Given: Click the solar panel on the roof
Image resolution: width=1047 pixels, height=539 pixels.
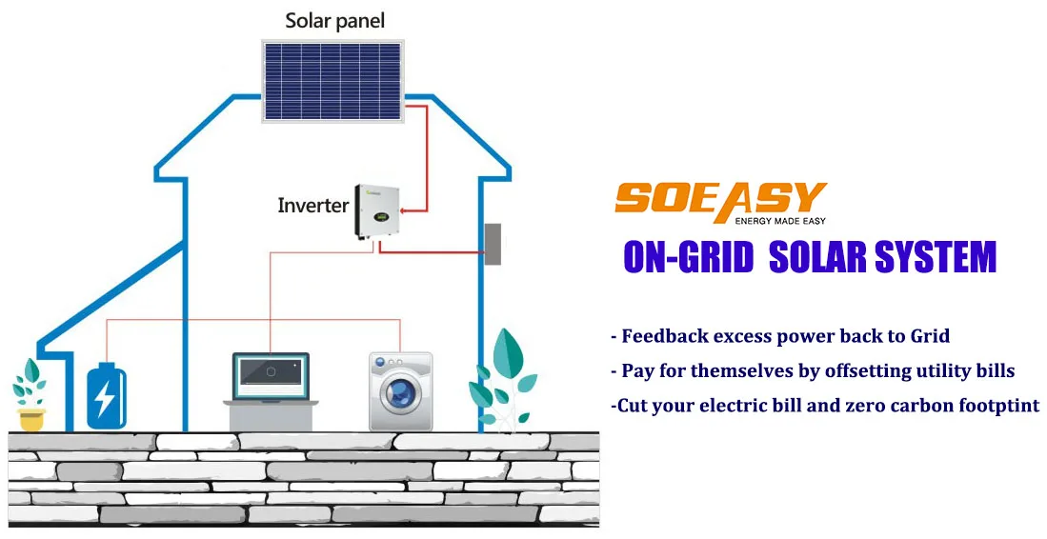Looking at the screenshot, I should tap(332, 80).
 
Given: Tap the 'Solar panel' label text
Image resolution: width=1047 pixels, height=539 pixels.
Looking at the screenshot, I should tap(335, 21).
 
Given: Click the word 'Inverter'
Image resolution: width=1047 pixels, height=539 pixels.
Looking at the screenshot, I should tap(313, 205).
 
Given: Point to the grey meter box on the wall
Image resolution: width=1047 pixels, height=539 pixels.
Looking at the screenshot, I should tap(493, 244).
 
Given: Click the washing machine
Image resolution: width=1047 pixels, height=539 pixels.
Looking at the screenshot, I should tap(400, 390).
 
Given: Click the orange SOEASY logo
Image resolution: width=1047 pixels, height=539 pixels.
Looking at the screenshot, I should tap(720, 199).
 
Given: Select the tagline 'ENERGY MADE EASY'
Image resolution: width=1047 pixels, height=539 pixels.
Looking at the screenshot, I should tap(780, 221).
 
